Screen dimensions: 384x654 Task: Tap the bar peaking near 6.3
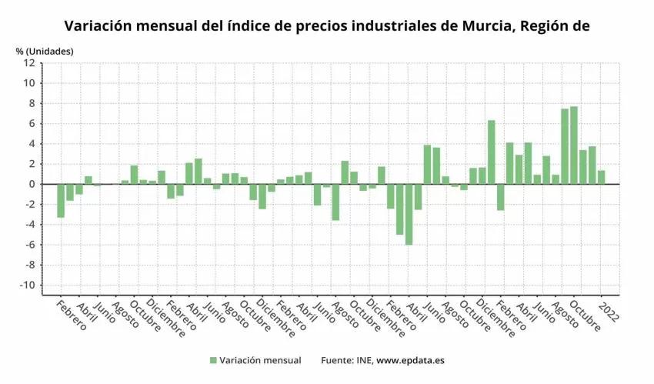pyautogui.click(x=491, y=152)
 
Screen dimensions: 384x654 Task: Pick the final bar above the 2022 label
pyautogui.click(x=601, y=177)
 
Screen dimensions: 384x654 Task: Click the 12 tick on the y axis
pyautogui.click(x=29, y=63)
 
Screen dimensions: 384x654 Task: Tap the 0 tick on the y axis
pyautogui.click(x=32, y=184)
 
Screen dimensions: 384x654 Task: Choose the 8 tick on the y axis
pyautogui.click(x=32, y=103)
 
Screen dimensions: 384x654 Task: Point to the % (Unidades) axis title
pyautogui.click(x=45, y=51)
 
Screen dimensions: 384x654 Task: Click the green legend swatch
pyautogui.click(x=212, y=360)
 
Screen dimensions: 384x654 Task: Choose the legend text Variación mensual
pyautogui.click(x=260, y=360)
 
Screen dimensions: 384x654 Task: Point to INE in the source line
pyautogui.click(x=362, y=360)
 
